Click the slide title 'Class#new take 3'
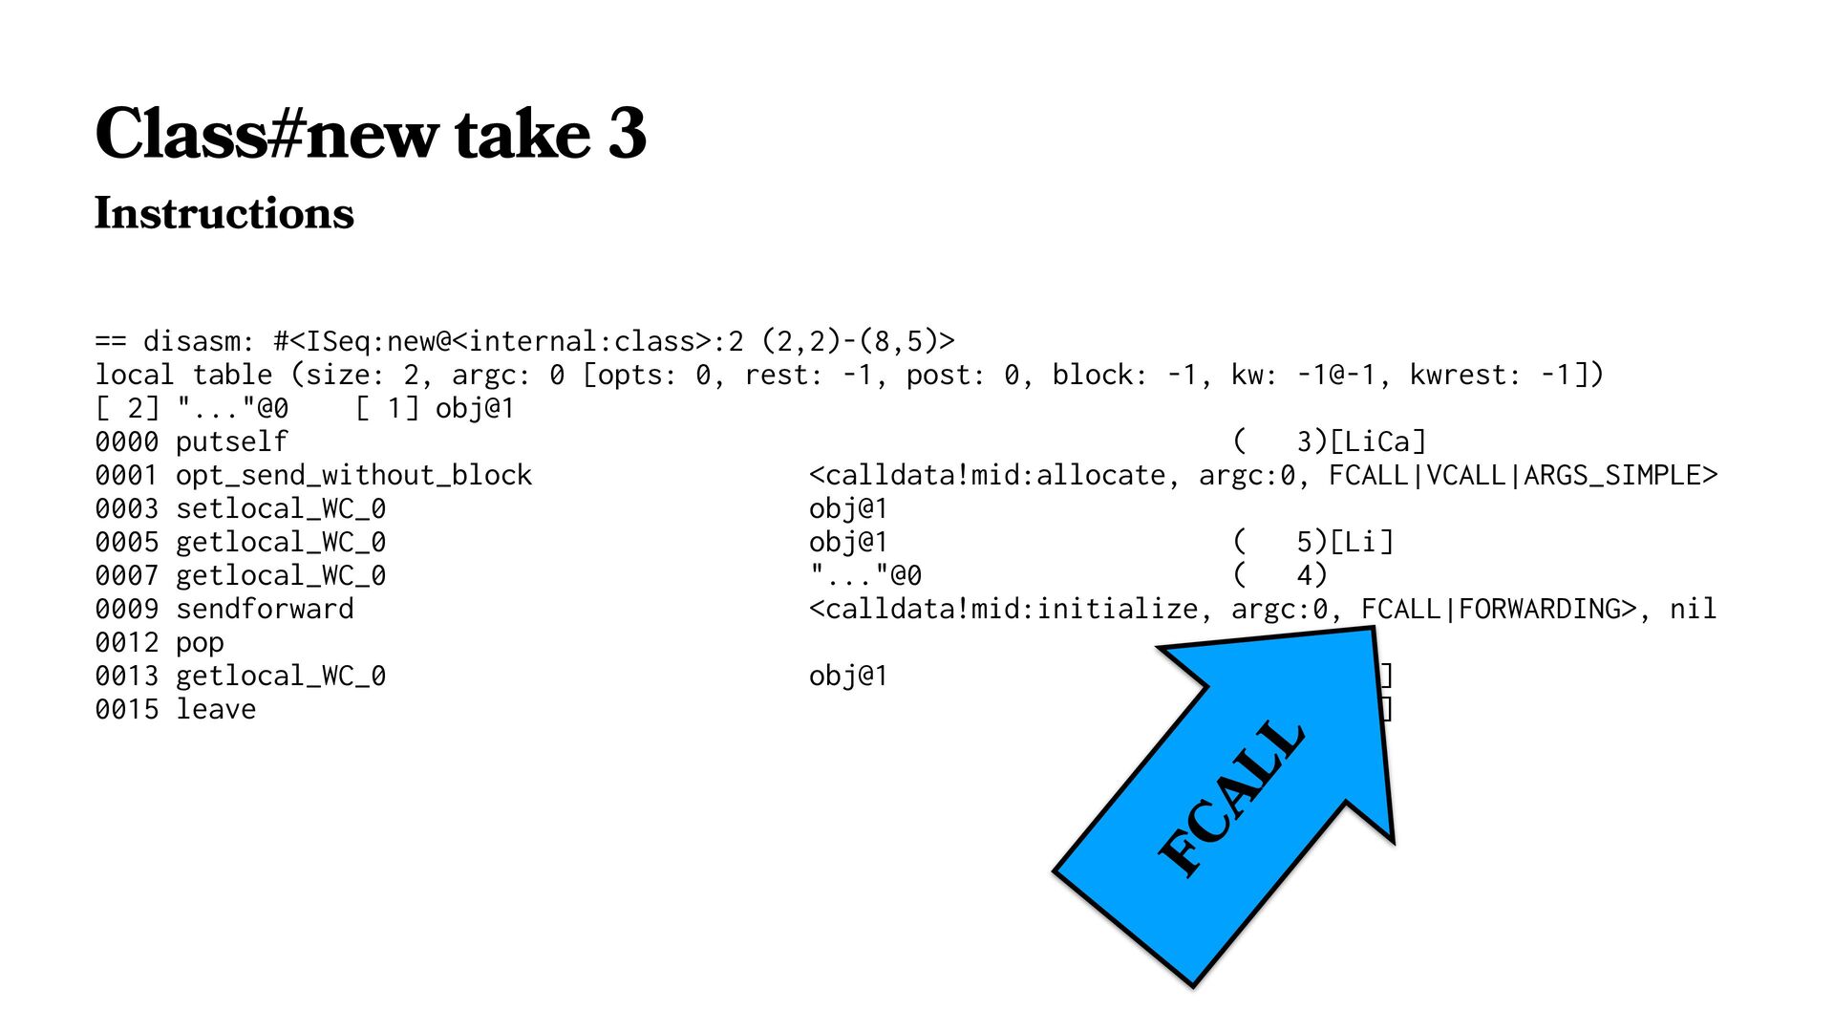click(371, 134)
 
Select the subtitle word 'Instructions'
click(224, 213)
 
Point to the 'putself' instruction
click(231, 441)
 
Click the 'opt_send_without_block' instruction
click(353, 475)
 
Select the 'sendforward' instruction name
click(265, 609)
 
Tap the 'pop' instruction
click(200, 642)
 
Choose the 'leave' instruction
click(216, 709)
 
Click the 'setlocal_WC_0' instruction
click(281, 508)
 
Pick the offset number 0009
click(126, 609)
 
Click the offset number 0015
click(126, 709)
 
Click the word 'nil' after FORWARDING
click(1693, 609)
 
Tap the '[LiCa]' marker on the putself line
click(1377, 441)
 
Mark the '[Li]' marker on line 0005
click(1361, 542)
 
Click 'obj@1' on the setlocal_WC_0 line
click(848, 508)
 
